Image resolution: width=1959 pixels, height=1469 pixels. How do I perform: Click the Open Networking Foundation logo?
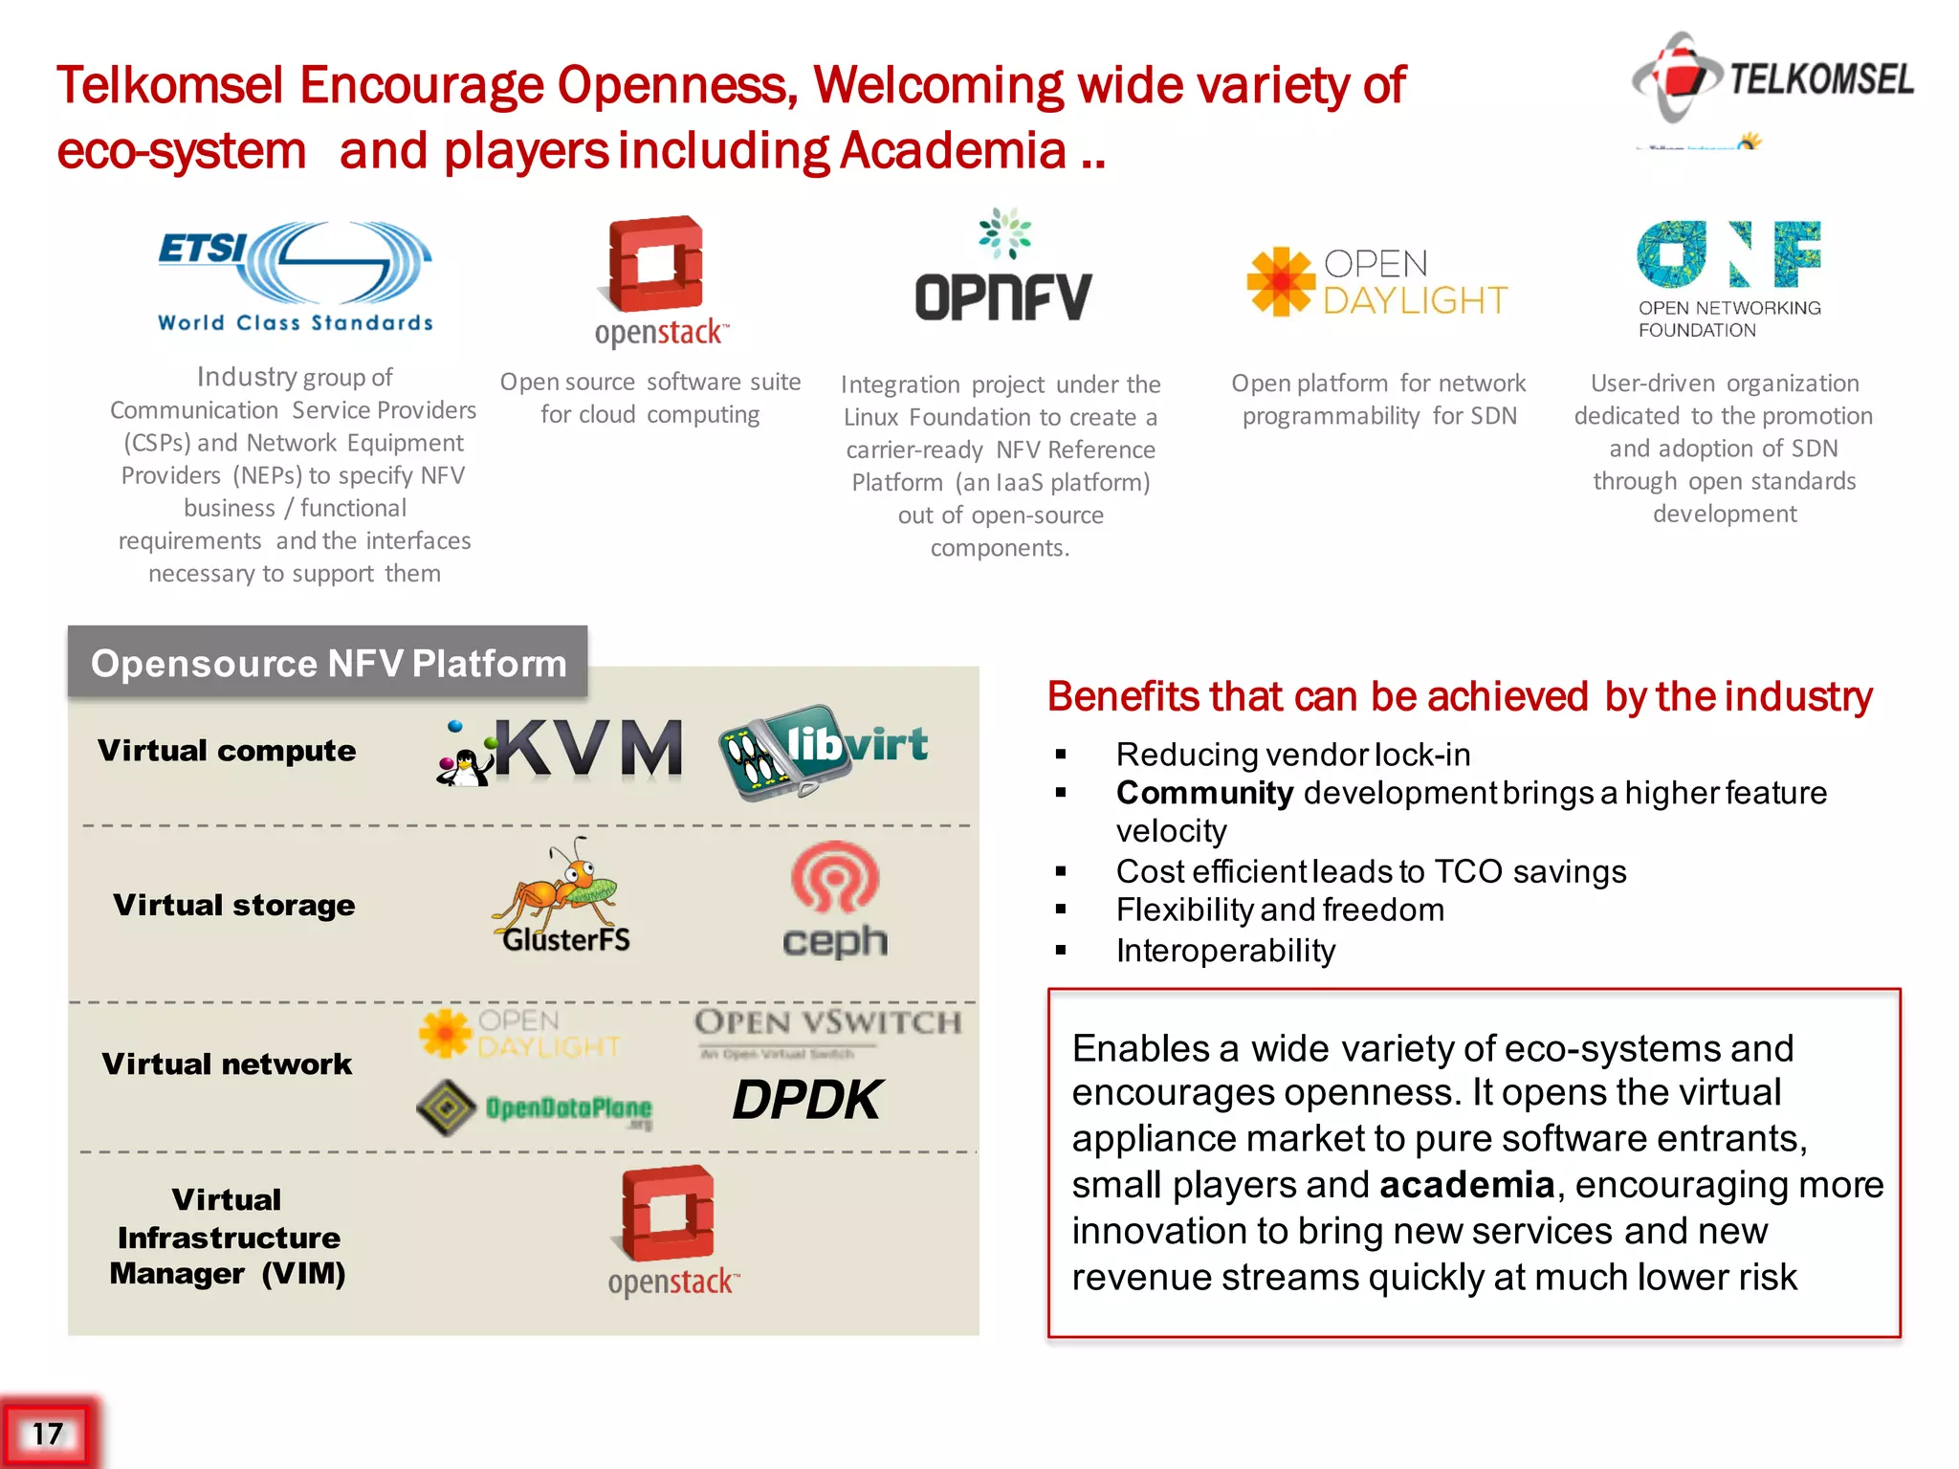click(x=1729, y=278)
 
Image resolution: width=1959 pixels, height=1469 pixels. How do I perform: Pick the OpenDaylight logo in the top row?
click(x=1377, y=282)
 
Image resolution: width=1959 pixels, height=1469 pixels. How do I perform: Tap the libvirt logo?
click(x=824, y=751)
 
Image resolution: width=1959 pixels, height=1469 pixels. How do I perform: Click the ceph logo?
click(x=835, y=900)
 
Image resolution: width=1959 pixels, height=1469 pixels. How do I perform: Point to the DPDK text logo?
click(x=806, y=1100)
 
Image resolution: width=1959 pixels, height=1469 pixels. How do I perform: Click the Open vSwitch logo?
click(x=827, y=1031)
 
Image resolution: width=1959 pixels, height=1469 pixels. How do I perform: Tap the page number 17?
click(x=47, y=1434)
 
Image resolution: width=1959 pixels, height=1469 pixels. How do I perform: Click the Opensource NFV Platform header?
click(x=328, y=663)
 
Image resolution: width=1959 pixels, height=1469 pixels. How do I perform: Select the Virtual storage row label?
click(x=233, y=905)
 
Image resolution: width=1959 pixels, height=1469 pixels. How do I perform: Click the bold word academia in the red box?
click(x=1466, y=1185)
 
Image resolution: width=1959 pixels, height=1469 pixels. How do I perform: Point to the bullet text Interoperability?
click(x=1225, y=951)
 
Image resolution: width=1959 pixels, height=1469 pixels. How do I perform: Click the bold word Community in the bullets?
click(x=1204, y=793)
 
